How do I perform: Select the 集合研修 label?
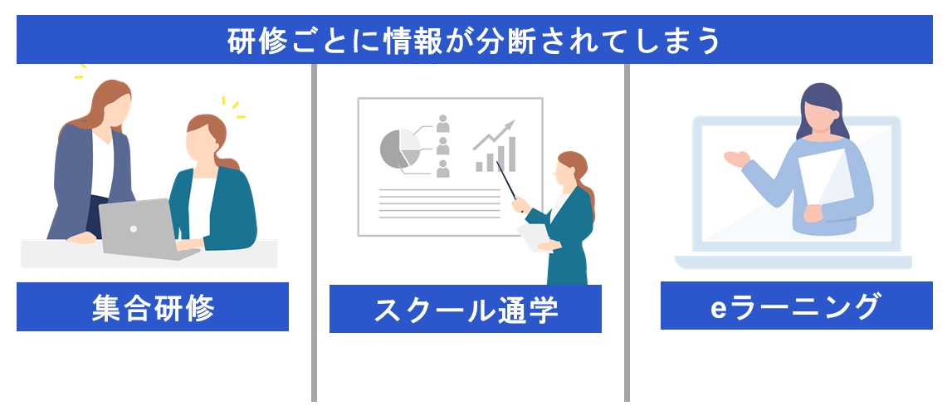point(153,307)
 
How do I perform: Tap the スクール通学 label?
point(465,310)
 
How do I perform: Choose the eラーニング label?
point(796,306)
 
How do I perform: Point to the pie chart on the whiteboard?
point(400,149)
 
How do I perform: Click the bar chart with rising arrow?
point(496,148)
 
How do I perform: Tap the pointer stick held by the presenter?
point(508,180)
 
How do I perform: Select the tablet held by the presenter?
point(533,236)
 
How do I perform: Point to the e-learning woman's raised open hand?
point(735,157)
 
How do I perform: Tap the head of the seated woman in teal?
point(204,138)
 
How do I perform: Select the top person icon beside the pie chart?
point(442,124)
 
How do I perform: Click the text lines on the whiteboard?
point(439,202)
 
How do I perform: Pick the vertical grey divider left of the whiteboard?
point(315,232)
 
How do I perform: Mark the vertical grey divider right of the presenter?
point(627,232)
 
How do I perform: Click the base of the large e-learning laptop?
point(793,262)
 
